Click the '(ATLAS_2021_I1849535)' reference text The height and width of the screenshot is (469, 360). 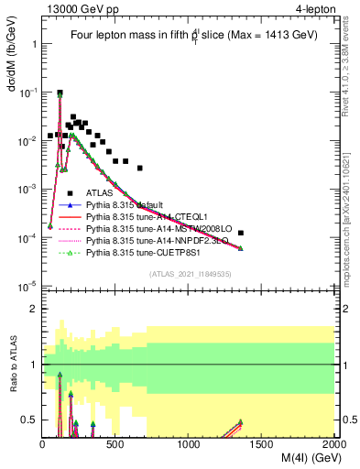[x=190, y=273]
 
